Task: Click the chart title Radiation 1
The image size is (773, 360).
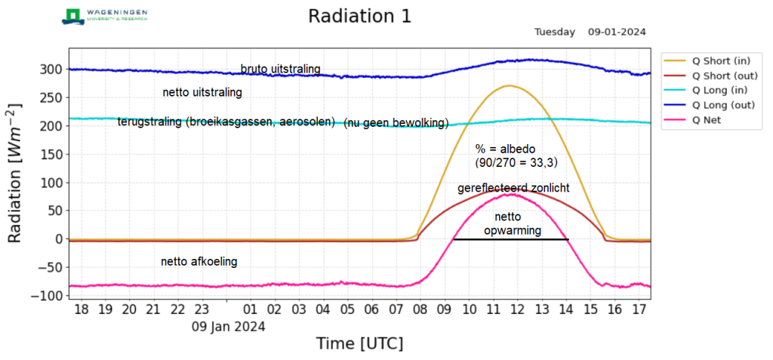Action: pos(359,17)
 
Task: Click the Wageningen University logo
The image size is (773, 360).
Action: pos(105,16)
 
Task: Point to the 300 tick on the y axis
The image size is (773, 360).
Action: pos(49,69)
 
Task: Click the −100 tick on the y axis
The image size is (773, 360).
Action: pos(46,296)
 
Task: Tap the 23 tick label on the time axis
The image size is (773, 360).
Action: pos(202,309)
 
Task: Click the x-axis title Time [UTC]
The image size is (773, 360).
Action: pos(359,343)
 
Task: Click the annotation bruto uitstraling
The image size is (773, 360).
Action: pos(280,69)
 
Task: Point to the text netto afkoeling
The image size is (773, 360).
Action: pos(199,262)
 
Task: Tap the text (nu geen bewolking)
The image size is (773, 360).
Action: pos(396,123)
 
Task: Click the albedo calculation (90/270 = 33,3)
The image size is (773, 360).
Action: pos(516,162)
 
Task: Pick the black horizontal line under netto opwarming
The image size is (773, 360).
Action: pos(510,239)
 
